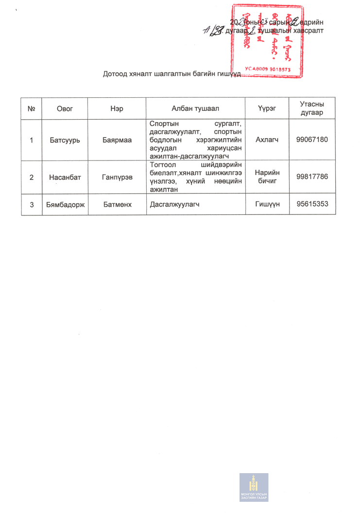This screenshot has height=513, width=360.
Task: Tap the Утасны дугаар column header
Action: click(312, 109)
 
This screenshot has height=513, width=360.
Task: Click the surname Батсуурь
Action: click(65, 140)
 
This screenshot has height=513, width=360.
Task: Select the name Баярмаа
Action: click(117, 140)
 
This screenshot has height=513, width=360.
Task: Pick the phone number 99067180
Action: click(312, 140)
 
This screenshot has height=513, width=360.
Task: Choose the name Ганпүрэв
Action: click(117, 177)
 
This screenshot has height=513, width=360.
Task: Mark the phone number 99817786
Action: click(312, 177)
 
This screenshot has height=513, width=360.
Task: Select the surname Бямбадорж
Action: click(65, 205)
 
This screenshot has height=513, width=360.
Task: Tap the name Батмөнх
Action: click(117, 205)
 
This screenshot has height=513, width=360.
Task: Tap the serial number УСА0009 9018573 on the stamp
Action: click(268, 70)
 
